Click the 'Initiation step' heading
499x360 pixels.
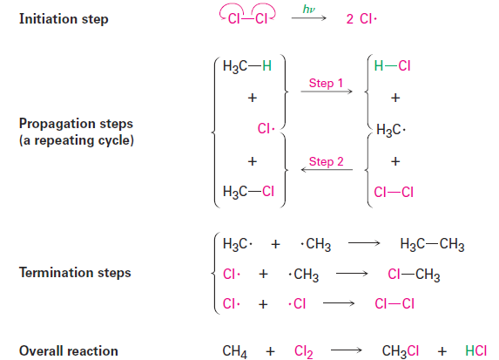[64, 19]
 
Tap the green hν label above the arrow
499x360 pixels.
[308, 9]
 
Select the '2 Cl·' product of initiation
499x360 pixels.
[361, 19]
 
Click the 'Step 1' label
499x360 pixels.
[326, 83]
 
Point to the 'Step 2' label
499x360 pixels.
[327, 161]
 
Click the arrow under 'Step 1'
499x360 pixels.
[327, 92]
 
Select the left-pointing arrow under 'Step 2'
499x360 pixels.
[327, 169]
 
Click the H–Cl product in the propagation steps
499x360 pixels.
[392, 66]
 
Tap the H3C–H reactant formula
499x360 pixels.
[247, 66]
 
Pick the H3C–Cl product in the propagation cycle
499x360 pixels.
[248, 192]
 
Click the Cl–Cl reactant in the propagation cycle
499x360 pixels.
[394, 192]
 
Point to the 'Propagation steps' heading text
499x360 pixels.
[76, 124]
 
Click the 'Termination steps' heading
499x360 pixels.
[75, 273]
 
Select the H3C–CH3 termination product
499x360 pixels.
[432, 244]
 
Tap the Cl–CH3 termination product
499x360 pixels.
[414, 275]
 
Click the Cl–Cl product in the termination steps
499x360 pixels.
[394, 303]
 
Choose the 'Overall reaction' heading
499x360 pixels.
[69, 351]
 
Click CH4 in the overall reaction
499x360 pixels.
[234, 351]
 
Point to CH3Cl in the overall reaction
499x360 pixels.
[401, 351]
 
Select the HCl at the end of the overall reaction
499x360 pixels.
[475, 350]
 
